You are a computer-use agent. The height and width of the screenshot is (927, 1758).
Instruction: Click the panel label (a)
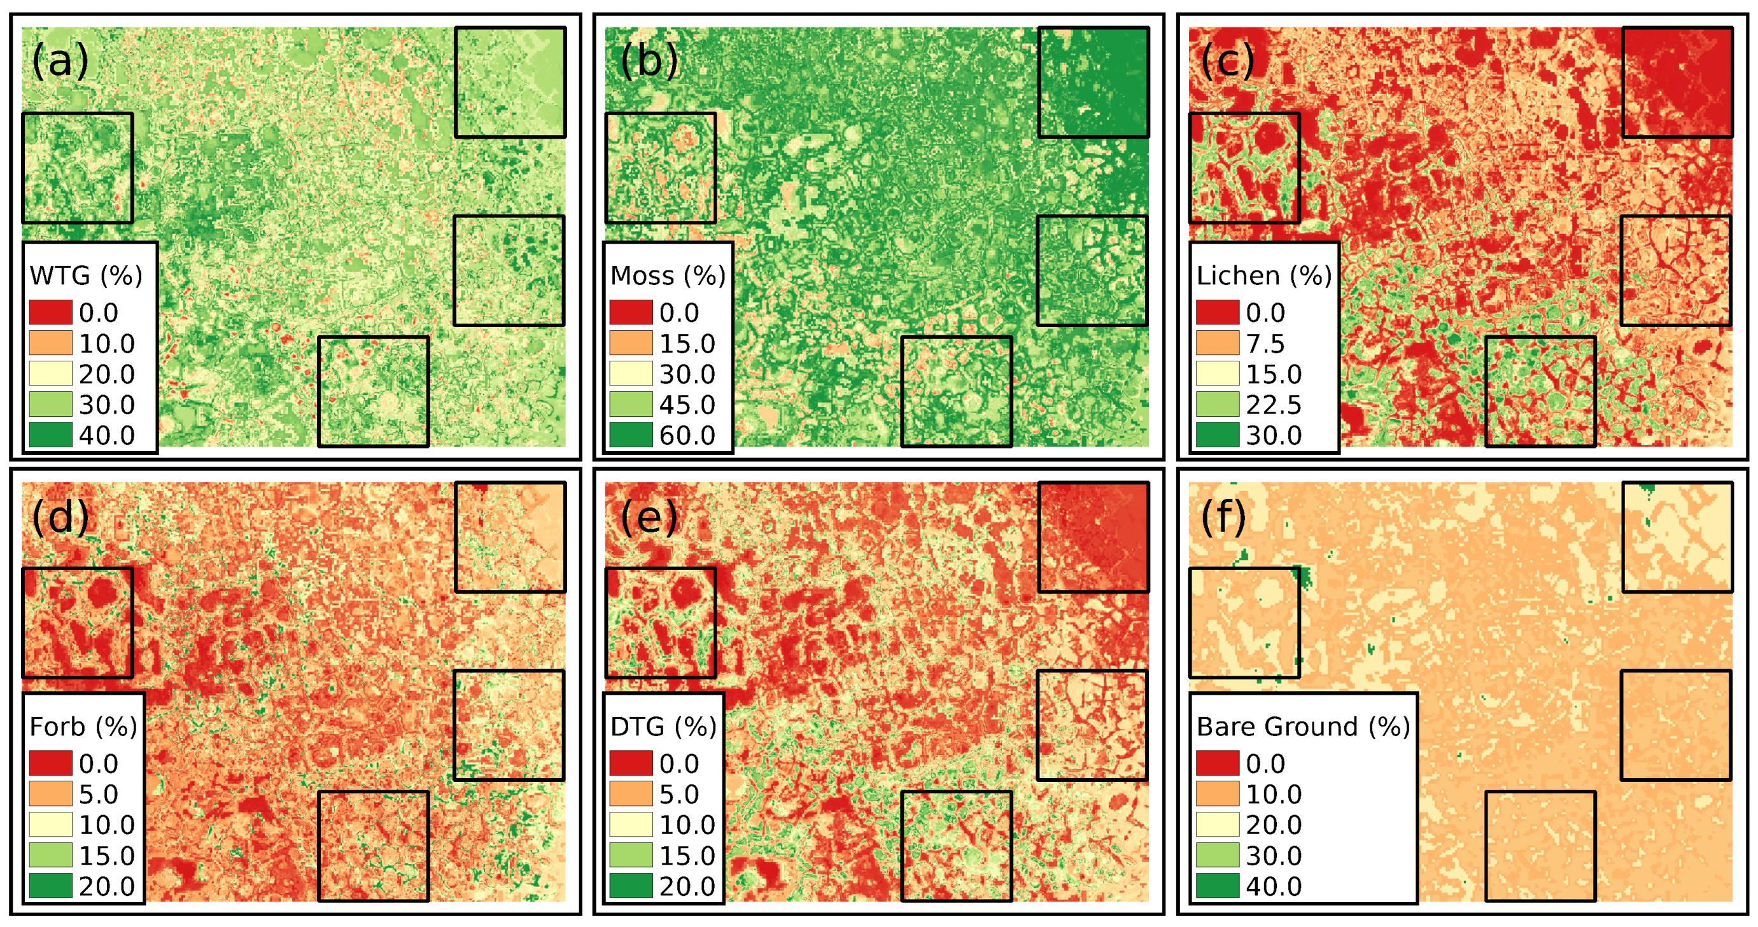(x=60, y=60)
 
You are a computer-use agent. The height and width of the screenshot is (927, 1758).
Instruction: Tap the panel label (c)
(x=1227, y=60)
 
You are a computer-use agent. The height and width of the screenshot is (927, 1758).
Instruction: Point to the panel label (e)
(x=649, y=517)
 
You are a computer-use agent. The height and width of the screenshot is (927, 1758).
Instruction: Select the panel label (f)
(x=1223, y=517)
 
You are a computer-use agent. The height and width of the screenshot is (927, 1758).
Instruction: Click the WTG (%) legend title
(x=86, y=275)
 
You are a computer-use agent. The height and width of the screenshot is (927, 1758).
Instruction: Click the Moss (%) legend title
(x=668, y=275)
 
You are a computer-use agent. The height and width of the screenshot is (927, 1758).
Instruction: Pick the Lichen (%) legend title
(x=1264, y=275)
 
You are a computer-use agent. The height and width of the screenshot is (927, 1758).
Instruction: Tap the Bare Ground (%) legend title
(x=1303, y=727)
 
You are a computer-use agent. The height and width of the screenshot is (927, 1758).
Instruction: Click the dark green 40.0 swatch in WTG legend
(x=50, y=435)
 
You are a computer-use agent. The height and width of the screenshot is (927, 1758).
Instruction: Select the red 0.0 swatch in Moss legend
(x=631, y=312)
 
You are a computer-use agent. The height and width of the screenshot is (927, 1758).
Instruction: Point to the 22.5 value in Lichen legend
(x=1274, y=405)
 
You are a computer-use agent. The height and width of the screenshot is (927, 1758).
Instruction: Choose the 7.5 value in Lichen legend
(x=1265, y=343)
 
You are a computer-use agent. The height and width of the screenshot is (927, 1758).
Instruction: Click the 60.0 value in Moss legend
(x=687, y=435)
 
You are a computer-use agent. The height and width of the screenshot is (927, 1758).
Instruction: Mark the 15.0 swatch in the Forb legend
(x=50, y=854)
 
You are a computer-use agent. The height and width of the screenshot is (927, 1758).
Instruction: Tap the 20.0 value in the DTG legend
(x=687, y=886)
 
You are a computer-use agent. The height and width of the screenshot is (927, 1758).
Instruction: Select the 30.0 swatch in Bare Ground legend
(x=1217, y=854)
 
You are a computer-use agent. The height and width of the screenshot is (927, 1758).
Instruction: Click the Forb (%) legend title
(x=83, y=727)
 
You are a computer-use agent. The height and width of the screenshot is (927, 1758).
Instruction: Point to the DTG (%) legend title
(x=663, y=727)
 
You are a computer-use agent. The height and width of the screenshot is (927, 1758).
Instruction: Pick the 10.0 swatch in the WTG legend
(x=50, y=343)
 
